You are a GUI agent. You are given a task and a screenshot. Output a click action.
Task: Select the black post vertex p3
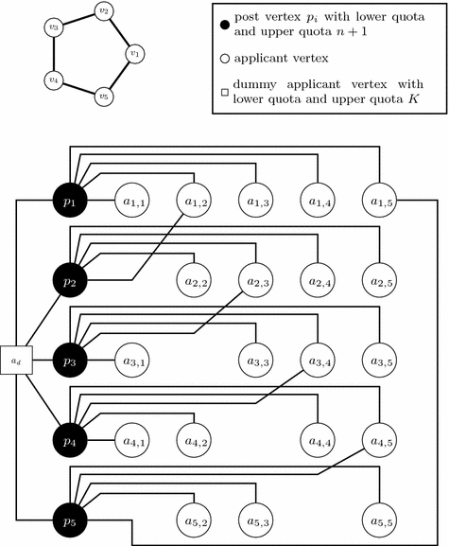68,361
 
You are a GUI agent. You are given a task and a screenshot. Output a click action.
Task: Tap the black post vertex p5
68,520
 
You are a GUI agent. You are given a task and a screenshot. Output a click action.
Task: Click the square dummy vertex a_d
16,361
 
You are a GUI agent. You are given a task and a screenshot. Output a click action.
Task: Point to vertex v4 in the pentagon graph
54,80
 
